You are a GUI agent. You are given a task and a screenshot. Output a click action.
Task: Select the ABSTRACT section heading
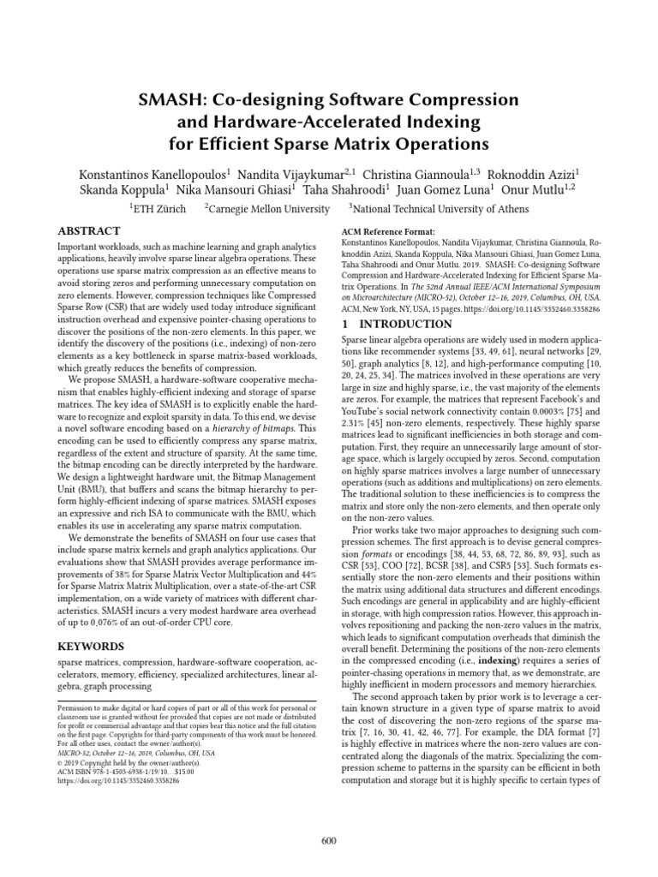[x=88, y=231]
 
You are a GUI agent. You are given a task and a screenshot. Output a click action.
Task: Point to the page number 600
[x=329, y=840]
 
